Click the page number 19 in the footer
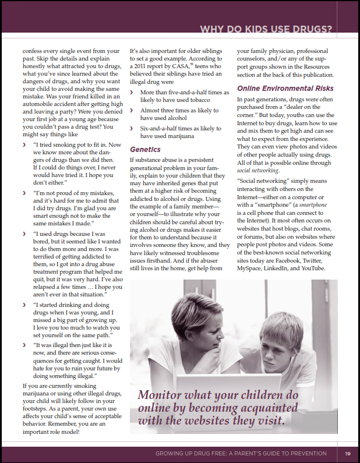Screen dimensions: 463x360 pyautogui.click(x=347, y=454)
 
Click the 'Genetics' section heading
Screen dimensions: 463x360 pyautogui.click(x=145, y=149)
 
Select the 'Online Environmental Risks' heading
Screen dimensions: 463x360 pyautogui.click(x=285, y=89)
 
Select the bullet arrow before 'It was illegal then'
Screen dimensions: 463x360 pyautogui.click(x=25, y=345)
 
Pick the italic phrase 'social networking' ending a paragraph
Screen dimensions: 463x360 pyautogui.click(x=257, y=171)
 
